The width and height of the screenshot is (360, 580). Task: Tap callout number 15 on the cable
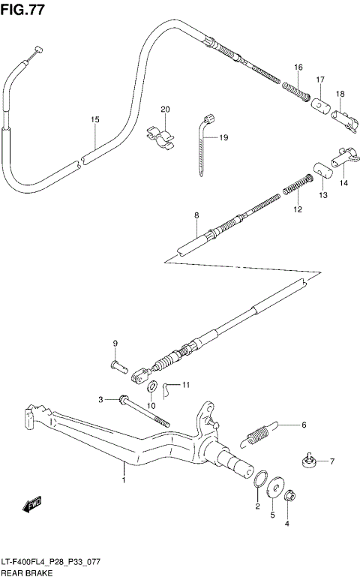[x=95, y=120]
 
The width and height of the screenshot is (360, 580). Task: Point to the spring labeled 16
[x=296, y=92]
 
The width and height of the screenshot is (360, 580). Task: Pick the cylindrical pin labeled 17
[x=321, y=104]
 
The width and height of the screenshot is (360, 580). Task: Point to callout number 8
[x=196, y=215]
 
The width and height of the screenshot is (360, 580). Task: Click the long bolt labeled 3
[x=142, y=410]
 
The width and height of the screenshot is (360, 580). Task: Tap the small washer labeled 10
[x=151, y=387]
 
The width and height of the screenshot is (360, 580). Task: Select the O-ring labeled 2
[x=262, y=480]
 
